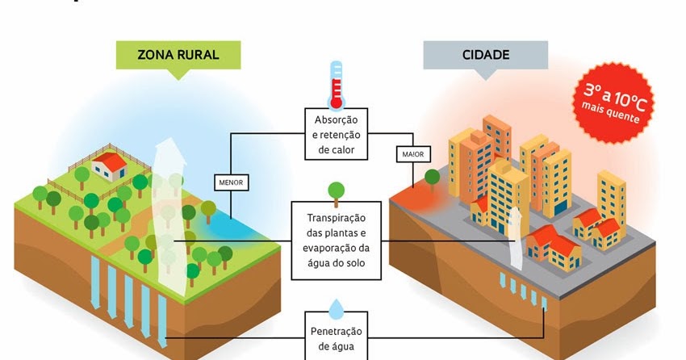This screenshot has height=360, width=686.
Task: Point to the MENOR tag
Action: tap(231, 183)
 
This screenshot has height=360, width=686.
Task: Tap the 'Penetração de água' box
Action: tap(337, 338)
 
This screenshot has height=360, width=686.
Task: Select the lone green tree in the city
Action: tap(433, 177)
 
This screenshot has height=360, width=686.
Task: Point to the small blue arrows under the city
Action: tap(521, 287)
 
